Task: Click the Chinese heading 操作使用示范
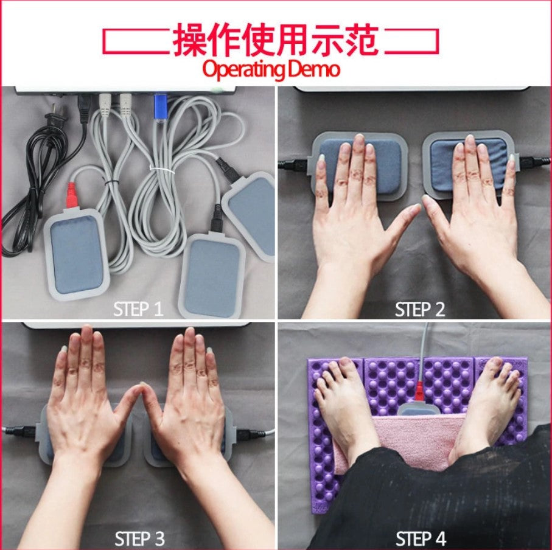tap(276, 40)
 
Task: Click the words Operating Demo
tap(271, 69)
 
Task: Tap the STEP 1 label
tap(138, 309)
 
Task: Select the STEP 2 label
tap(420, 309)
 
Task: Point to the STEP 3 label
tap(139, 538)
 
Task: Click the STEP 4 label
tap(421, 538)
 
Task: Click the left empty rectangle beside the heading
tap(135, 41)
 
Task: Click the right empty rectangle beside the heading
tap(411, 41)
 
